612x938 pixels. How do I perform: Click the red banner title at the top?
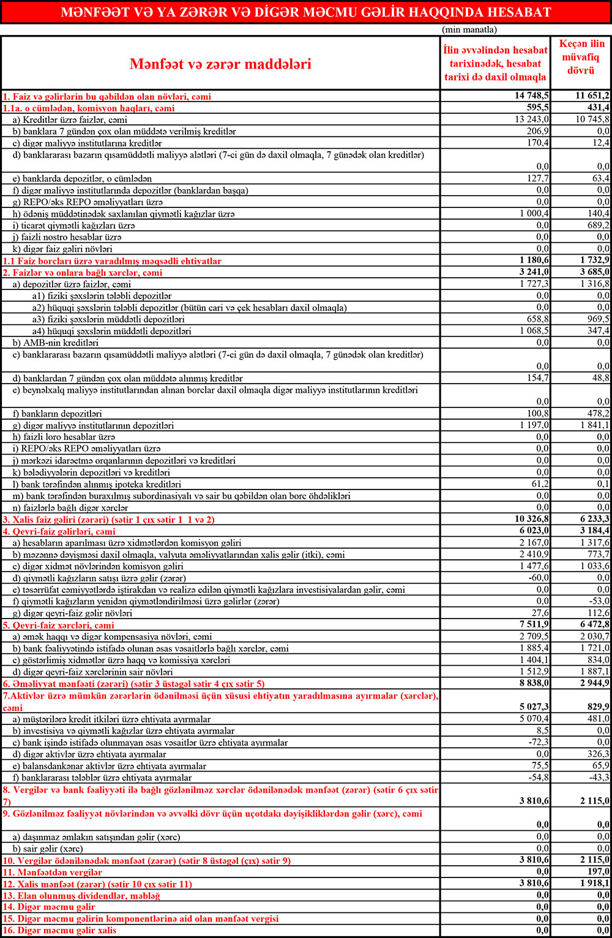(x=306, y=12)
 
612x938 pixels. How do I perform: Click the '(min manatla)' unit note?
(x=469, y=29)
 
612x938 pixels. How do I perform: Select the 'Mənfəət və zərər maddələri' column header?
(x=220, y=64)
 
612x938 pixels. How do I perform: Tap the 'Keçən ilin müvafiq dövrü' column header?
(x=581, y=57)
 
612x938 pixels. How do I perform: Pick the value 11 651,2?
(x=592, y=96)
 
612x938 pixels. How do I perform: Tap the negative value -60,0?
(x=537, y=578)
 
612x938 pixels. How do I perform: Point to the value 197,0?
(x=598, y=872)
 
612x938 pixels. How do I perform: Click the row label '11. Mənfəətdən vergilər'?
(x=53, y=872)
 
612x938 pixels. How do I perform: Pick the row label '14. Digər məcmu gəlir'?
(x=50, y=907)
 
